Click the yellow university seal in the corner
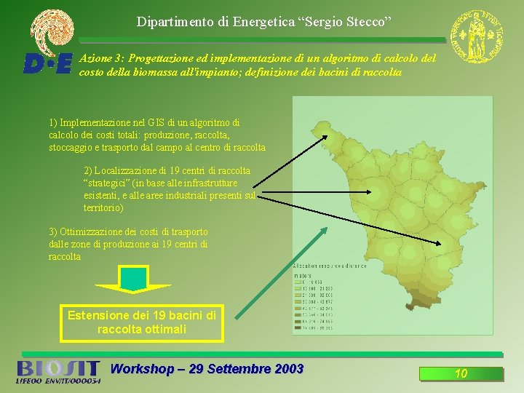476,36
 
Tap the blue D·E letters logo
48,64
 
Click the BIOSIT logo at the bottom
57,371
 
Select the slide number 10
461,374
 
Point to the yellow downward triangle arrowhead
134,288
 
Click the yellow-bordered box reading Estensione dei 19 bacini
142,322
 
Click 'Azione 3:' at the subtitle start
102,57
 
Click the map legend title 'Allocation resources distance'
330,266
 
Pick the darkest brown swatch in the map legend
297,328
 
